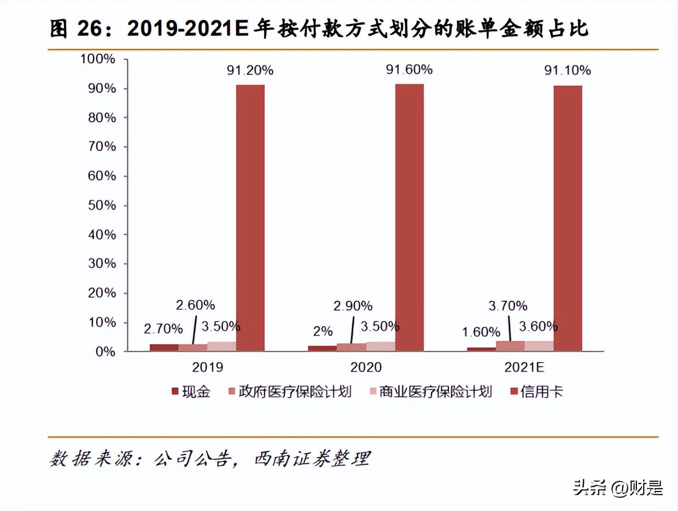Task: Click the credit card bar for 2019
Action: point(250,217)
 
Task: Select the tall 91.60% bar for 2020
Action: point(409,217)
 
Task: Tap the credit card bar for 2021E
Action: point(568,218)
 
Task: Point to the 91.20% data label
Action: point(250,70)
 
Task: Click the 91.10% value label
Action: point(568,70)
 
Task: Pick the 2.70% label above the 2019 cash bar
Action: point(163,329)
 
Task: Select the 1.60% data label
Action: point(481,332)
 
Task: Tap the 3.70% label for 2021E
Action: point(508,306)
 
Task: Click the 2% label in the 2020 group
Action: point(323,332)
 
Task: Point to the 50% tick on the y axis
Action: point(102,205)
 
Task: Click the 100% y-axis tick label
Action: point(98,59)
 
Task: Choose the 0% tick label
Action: point(106,352)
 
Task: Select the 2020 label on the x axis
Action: point(366,367)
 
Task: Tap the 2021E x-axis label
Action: point(524,367)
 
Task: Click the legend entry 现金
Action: point(191,392)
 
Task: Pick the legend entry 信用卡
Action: point(536,392)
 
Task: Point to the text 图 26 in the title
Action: point(76,29)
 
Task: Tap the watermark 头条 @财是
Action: point(618,488)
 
